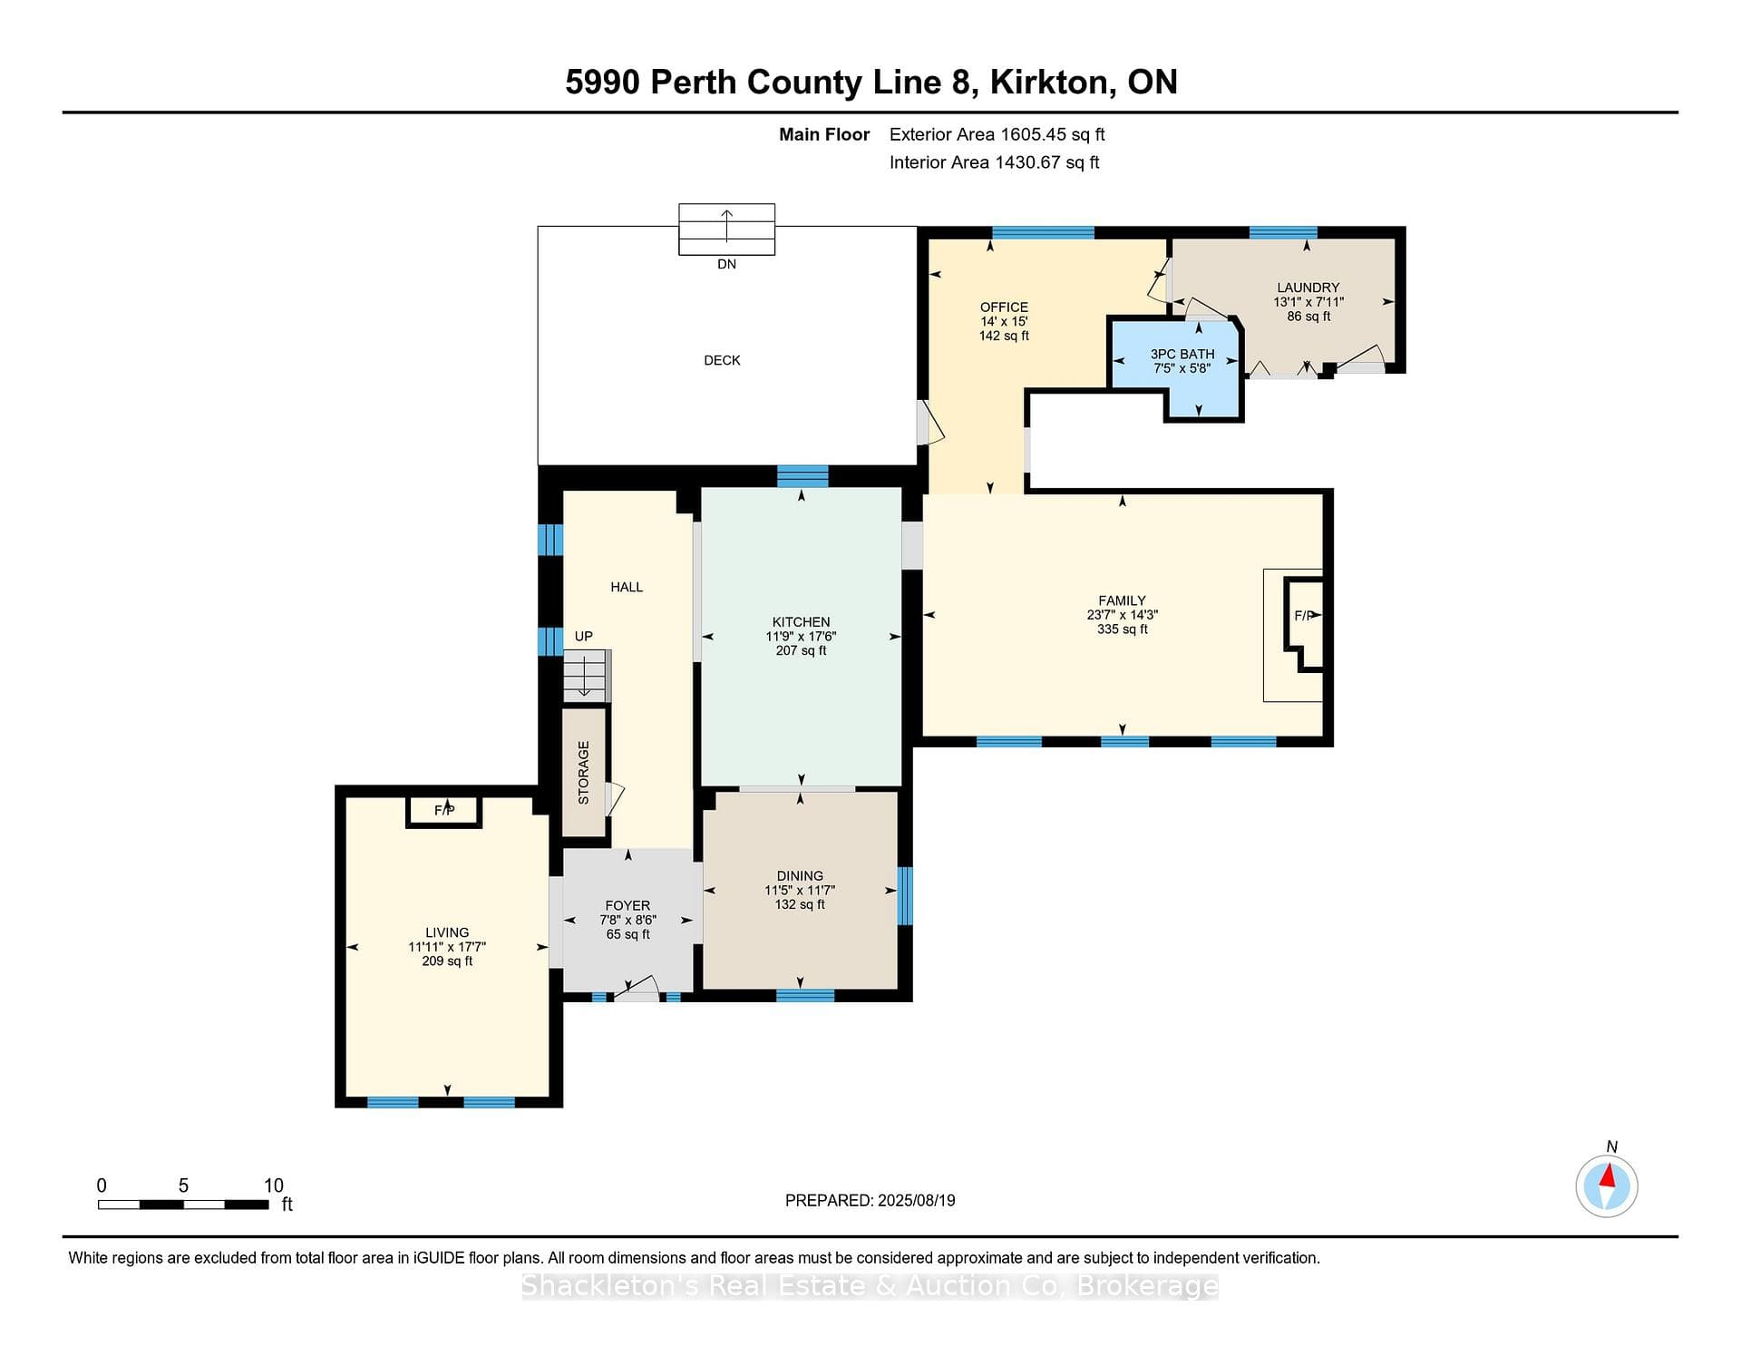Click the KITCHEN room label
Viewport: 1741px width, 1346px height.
tap(801, 622)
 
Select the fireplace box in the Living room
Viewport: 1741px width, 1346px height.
tap(443, 811)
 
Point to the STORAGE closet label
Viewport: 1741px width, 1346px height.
tap(584, 773)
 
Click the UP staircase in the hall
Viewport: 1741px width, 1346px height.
tap(587, 676)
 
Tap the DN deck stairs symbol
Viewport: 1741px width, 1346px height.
tap(726, 229)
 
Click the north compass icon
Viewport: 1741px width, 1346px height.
tap(1607, 1185)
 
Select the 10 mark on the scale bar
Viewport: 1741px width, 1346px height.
tap(274, 1185)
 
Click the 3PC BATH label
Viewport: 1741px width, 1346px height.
tap(1182, 355)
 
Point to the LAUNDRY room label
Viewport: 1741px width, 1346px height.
tap(1308, 288)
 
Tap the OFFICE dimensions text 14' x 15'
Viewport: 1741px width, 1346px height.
tap(1004, 321)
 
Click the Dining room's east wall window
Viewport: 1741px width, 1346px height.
tap(904, 896)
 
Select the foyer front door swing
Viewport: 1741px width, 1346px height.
tap(637, 989)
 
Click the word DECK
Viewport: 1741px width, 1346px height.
tap(722, 360)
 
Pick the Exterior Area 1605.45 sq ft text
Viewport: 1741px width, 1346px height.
tap(997, 134)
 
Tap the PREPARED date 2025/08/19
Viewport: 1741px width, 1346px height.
tap(916, 1200)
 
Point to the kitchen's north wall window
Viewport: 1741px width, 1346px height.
tap(802, 476)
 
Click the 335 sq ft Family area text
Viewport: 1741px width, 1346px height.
tap(1123, 629)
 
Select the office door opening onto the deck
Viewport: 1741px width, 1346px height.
tap(930, 423)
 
